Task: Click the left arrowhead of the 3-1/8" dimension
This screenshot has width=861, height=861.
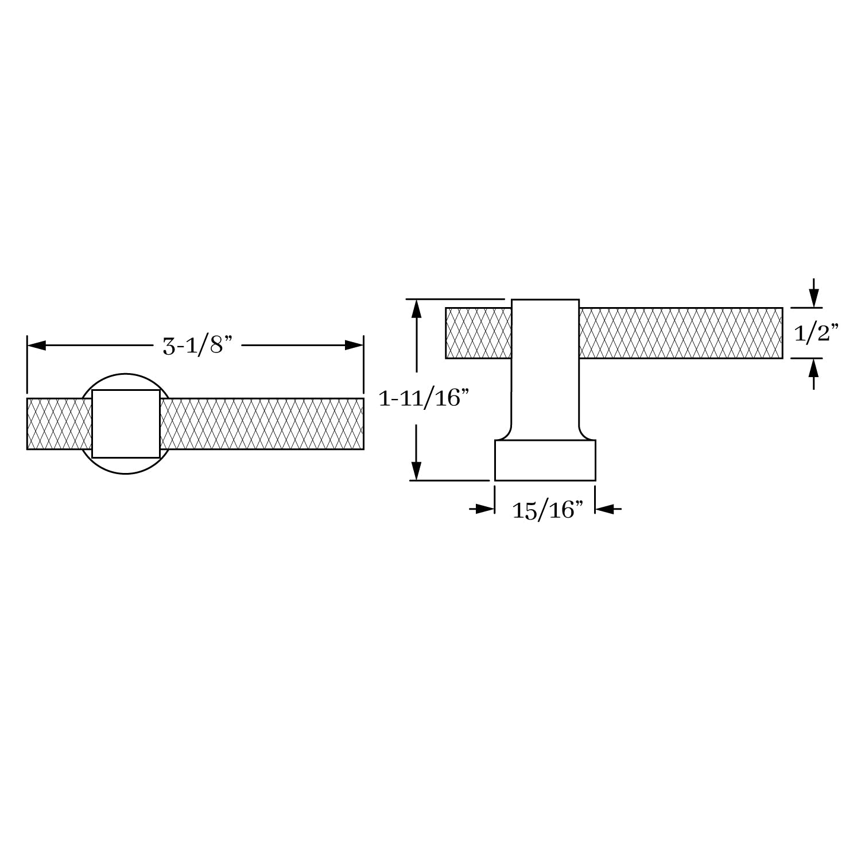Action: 37,346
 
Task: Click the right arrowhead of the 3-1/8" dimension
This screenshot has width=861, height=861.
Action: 354,346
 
